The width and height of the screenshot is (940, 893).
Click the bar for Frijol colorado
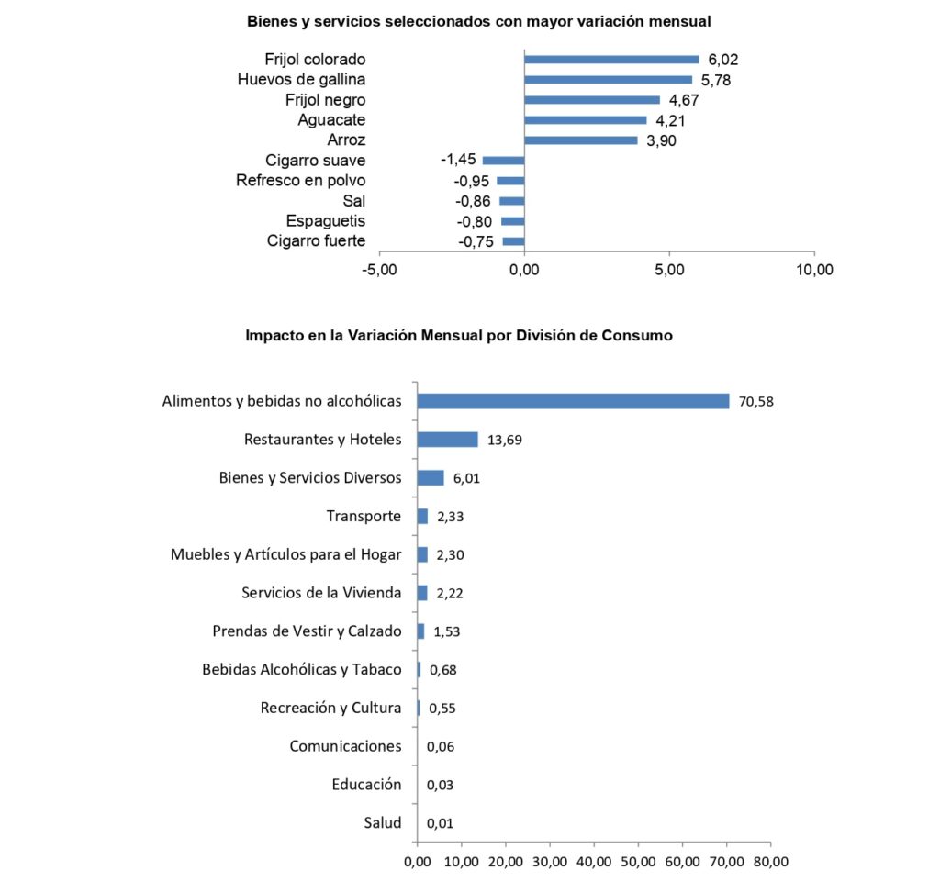coord(611,60)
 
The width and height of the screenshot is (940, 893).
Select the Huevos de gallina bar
coord(608,80)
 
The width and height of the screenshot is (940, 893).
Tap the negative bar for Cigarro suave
coord(503,161)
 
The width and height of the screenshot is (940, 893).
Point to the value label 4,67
coord(684,100)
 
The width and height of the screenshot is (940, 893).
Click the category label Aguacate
coord(331,120)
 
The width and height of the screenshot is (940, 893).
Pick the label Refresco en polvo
coord(300,181)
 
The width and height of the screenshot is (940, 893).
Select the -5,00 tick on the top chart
coord(379,270)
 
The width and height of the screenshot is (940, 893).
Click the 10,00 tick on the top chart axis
coord(814,270)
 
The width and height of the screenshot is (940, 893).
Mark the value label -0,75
coord(476,241)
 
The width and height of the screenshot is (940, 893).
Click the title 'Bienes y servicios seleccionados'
coord(479,21)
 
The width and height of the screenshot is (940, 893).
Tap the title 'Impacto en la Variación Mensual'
coord(459,336)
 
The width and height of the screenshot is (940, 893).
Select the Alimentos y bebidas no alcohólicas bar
coord(573,401)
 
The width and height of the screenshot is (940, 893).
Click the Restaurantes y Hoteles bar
coord(447,440)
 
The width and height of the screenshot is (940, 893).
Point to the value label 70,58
coord(756,401)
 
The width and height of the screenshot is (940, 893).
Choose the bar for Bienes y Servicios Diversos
coord(430,478)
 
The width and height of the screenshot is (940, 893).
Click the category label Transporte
coord(364,516)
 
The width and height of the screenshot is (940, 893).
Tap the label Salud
coord(382,822)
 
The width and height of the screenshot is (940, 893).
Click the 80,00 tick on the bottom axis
coord(770,862)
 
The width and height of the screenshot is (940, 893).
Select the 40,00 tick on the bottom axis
coord(594,862)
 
